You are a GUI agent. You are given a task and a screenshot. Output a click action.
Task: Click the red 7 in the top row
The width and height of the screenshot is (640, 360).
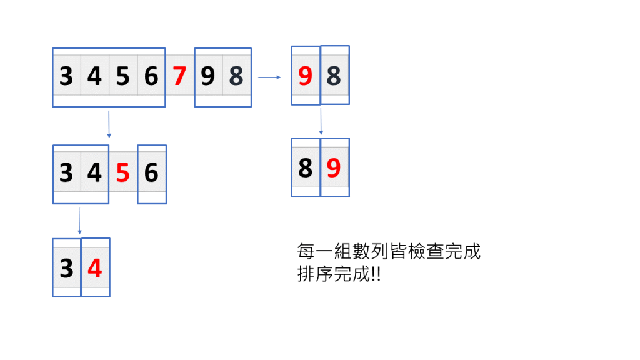[x=179, y=76]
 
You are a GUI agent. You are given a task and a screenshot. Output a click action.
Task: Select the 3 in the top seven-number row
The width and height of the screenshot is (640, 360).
[x=66, y=76]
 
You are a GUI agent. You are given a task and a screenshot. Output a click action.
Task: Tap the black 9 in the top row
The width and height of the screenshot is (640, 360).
[x=207, y=76]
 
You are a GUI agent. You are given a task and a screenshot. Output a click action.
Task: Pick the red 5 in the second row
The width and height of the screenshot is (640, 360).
[x=123, y=172]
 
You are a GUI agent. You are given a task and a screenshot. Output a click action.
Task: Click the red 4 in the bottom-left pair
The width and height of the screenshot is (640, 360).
[x=95, y=269]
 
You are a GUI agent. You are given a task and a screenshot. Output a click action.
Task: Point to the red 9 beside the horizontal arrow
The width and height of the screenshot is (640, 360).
[x=305, y=76]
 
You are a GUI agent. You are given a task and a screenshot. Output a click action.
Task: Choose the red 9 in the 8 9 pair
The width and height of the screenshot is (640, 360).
[x=334, y=168]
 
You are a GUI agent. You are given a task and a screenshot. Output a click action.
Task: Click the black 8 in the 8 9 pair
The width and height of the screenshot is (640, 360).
[x=305, y=168]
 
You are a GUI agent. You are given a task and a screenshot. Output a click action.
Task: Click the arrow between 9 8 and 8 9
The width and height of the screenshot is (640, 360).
[x=321, y=121]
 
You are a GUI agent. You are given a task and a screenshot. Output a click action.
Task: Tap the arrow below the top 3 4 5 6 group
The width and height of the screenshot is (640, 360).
[x=109, y=124]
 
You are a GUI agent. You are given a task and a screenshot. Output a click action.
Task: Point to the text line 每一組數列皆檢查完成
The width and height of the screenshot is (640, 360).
[x=389, y=252]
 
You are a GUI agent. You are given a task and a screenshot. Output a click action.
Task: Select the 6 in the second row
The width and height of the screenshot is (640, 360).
[x=151, y=172]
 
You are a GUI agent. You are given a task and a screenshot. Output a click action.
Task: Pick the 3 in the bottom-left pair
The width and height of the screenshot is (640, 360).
[x=66, y=269]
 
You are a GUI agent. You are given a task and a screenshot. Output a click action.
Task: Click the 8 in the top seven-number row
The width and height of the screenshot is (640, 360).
[x=236, y=76]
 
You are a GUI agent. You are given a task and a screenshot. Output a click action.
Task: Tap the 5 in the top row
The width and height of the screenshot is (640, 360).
[x=123, y=76]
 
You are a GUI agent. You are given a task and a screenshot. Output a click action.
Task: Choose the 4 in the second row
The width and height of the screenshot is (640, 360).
[x=95, y=172]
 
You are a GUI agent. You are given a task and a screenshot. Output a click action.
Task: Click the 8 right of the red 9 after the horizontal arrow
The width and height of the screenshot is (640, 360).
[x=334, y=76]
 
